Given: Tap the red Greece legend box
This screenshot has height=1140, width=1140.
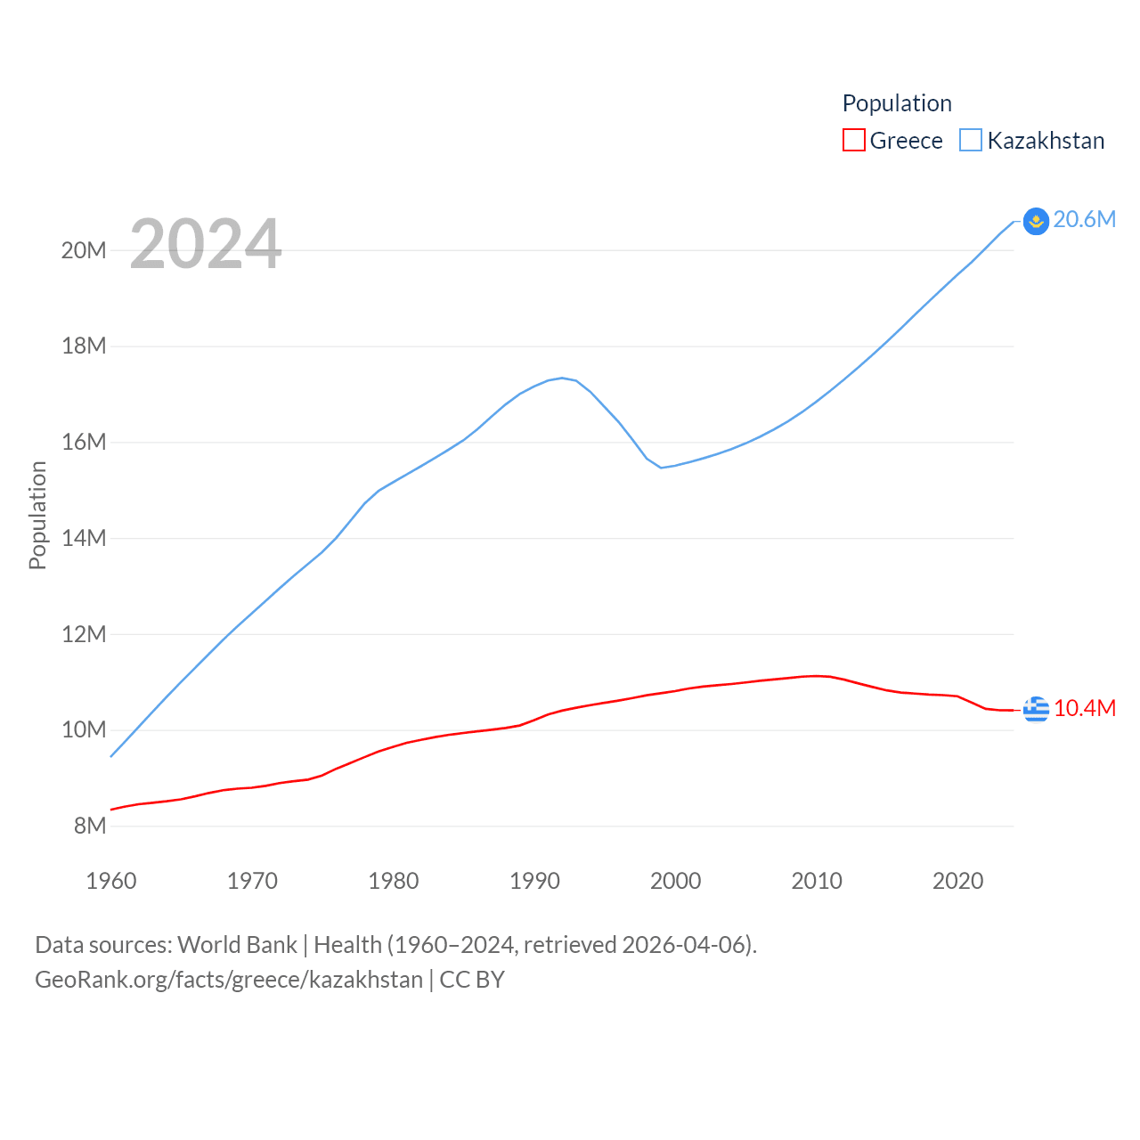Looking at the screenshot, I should coord(853,141).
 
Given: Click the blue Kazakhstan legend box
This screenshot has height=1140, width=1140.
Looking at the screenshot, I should coord(971,141).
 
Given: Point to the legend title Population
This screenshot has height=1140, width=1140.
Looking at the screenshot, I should coord(897,103).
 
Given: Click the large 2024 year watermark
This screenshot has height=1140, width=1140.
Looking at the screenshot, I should coord(206,244).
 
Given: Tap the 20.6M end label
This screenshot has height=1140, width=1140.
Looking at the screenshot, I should coord(1084,219).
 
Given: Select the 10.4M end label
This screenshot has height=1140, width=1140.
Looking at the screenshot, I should coord(1084,708).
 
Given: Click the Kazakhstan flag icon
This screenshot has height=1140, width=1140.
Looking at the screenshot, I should coord(1036,221).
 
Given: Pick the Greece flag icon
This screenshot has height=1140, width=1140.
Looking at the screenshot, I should coord(1036,709).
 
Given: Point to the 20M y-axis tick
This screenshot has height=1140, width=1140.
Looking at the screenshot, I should coord(84,250).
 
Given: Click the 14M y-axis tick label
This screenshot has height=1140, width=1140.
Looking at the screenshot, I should coord(84,538).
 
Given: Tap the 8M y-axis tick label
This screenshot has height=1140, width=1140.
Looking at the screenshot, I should coord(90,826).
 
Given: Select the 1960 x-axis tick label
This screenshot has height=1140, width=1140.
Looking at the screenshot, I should coord(111,881).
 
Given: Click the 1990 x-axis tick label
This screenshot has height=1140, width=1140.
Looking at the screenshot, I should coord(534,881).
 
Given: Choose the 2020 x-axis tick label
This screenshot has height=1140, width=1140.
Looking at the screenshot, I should coord(957,881).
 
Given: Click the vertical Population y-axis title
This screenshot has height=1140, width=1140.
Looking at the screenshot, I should coord(37,515).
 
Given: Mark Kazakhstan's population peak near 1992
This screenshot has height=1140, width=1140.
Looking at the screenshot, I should coord(562,378).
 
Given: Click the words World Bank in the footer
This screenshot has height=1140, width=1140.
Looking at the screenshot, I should coord(237,944).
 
